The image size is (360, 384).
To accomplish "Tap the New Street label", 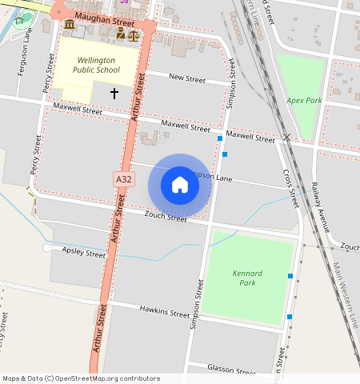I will (187, 78).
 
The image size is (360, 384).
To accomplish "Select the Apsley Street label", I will (84, 253).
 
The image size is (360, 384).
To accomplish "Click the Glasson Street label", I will (230, 369).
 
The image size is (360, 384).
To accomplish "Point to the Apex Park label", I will (304, 101).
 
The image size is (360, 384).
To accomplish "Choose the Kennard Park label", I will (247, 278).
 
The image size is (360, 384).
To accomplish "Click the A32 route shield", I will (122, 180).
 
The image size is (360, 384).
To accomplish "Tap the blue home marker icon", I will (180, 186).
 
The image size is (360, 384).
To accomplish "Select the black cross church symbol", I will (114, 94).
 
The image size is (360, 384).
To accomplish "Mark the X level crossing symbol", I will (286, 138).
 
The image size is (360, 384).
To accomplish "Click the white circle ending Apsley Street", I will (47, 248).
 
